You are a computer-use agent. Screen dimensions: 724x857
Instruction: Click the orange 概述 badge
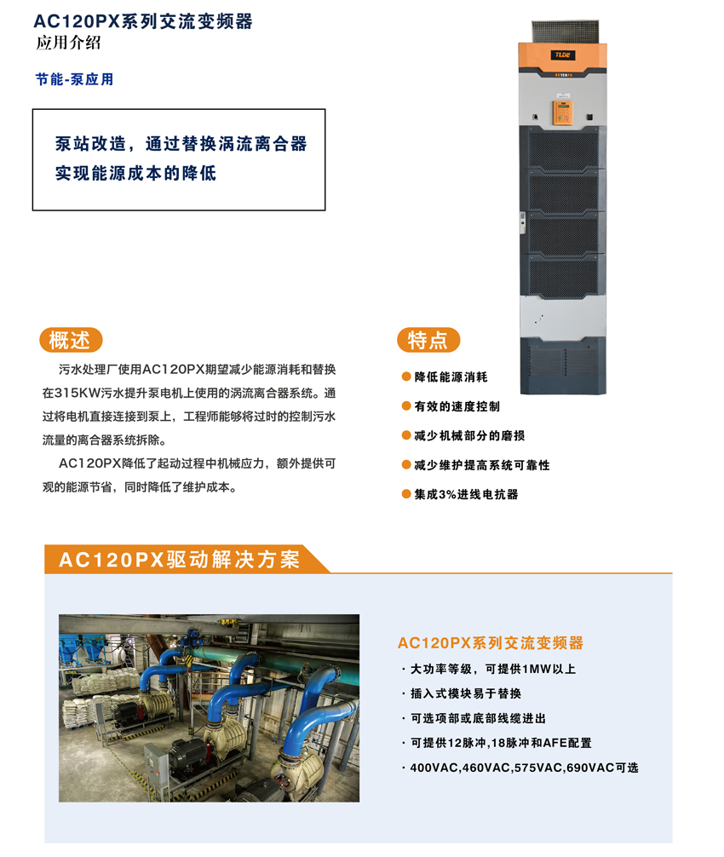[x=71, y=340]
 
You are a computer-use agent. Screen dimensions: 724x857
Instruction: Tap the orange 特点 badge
[x=428, y=340]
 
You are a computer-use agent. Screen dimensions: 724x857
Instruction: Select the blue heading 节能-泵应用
[x=75, y=79]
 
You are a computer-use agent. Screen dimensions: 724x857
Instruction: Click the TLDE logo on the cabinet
[x=562, y=55]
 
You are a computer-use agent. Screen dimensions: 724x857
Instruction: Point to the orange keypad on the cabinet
[x=561, y=112]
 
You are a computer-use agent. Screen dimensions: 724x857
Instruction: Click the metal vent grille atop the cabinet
[x=566, y=32]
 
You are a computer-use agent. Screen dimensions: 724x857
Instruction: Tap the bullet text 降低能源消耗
[x=451, y=377]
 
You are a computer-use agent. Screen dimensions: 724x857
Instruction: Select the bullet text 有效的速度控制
[x=457, y=406]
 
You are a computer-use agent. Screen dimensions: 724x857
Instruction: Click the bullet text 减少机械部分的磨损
[x=469, y=435]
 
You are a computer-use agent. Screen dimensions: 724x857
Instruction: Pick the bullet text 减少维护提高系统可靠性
[x=482, y=465]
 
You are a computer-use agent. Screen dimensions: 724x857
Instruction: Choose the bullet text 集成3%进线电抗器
[x=466, y=494]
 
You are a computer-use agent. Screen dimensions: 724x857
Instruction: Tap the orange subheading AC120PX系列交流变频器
[x=490, y=642]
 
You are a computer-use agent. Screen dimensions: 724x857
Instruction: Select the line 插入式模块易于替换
[x=466, y=693]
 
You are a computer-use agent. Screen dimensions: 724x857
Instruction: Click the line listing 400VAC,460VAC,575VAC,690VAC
[x=524, y=768]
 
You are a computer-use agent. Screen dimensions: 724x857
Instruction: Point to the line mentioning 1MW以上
[x=493, y=669]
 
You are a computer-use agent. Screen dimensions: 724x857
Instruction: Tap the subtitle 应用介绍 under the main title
[x=68, y=43]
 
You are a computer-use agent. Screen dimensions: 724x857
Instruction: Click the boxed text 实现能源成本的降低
[x=135, y=173]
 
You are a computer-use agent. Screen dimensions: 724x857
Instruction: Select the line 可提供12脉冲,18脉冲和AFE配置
[x=501, y=743]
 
